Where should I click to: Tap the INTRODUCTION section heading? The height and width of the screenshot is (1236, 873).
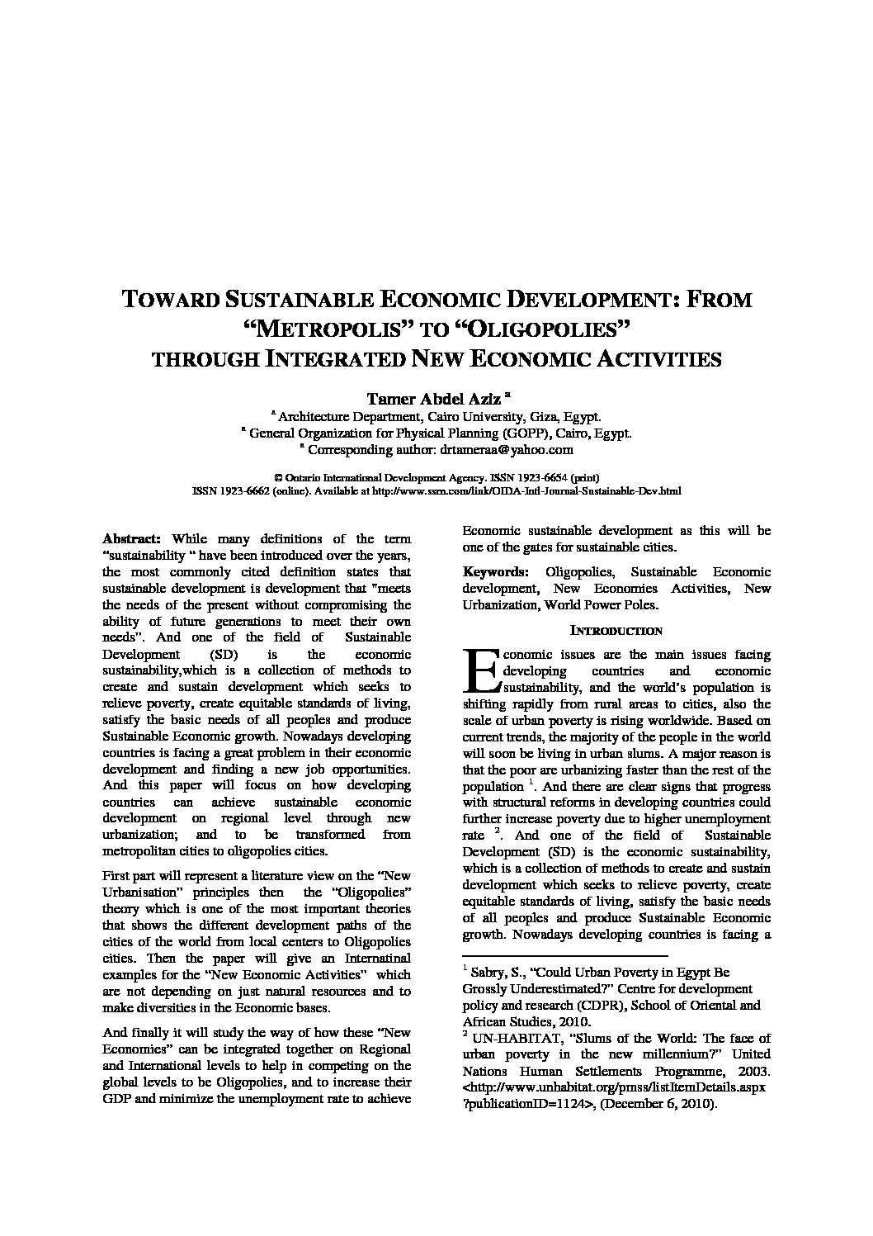point(616,631)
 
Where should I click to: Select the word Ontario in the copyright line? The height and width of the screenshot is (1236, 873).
point(309,477)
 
